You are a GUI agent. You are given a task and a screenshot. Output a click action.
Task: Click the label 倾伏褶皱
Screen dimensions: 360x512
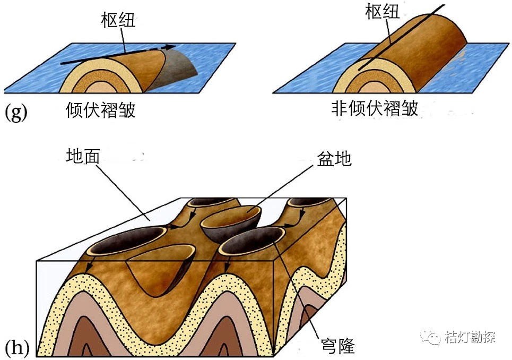100,110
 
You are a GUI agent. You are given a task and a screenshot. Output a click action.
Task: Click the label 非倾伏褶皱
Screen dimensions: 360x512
375,108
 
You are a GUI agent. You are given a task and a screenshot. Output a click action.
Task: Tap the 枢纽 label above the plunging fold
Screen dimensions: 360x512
118,20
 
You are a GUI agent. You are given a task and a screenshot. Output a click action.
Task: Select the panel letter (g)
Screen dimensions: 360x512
15,113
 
